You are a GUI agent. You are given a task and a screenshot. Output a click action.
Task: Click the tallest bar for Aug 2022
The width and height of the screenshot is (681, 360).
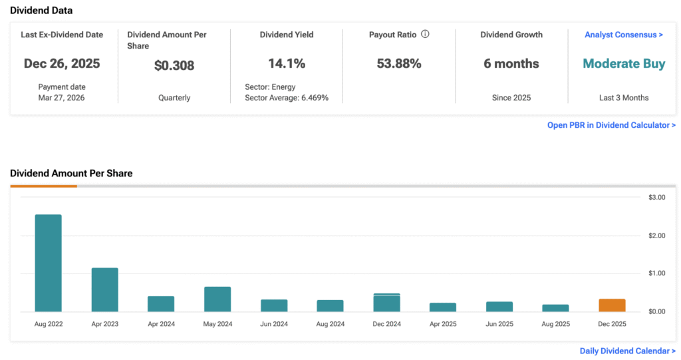(x=48, y=263)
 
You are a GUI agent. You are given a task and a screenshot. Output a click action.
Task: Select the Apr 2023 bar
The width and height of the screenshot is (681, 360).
(x=104, y=289)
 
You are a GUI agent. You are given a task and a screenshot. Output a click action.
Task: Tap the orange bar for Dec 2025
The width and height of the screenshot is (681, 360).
(x=612, y=305)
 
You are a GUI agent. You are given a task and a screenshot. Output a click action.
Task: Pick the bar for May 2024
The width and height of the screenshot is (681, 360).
(x=217, y=299)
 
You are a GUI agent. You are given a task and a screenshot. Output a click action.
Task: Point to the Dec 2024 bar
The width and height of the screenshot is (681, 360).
(x=386, y=303)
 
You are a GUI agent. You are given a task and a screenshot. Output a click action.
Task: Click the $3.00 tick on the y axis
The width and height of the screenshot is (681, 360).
(x=657, y=198)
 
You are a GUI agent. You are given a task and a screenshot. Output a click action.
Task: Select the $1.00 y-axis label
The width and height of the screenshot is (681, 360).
(x=657, y=273)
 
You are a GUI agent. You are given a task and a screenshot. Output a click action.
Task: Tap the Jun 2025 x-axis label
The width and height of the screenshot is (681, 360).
(x=499, y=324)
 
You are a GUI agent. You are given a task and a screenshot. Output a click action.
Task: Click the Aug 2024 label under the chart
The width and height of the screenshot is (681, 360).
(x=330, y=324)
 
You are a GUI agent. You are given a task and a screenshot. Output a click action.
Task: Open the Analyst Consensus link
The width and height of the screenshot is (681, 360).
(x=624, y=35)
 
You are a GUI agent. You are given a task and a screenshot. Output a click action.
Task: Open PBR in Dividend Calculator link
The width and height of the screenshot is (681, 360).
(x=611, y=125)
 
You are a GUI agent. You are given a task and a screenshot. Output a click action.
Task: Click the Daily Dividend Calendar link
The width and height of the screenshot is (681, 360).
(x=627, y=351)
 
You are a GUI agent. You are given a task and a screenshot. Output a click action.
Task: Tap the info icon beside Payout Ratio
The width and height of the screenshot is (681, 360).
(x=425, y=34)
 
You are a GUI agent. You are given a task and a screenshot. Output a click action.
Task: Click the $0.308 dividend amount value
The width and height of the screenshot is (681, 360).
(x=174, y=66)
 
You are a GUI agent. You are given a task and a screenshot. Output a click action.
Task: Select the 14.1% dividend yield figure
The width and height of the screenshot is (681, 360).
(x=287, y=64)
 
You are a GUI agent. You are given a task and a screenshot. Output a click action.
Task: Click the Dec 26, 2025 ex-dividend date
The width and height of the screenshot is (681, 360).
(x=62, y=64)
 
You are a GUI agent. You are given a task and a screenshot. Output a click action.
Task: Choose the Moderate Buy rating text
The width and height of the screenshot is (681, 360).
(x=624, y=64)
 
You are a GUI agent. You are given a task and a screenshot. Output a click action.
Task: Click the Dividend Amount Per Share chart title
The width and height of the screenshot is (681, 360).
(x=71, y=173)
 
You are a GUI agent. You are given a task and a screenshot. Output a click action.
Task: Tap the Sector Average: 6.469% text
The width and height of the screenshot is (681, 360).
(x=287, y=98)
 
